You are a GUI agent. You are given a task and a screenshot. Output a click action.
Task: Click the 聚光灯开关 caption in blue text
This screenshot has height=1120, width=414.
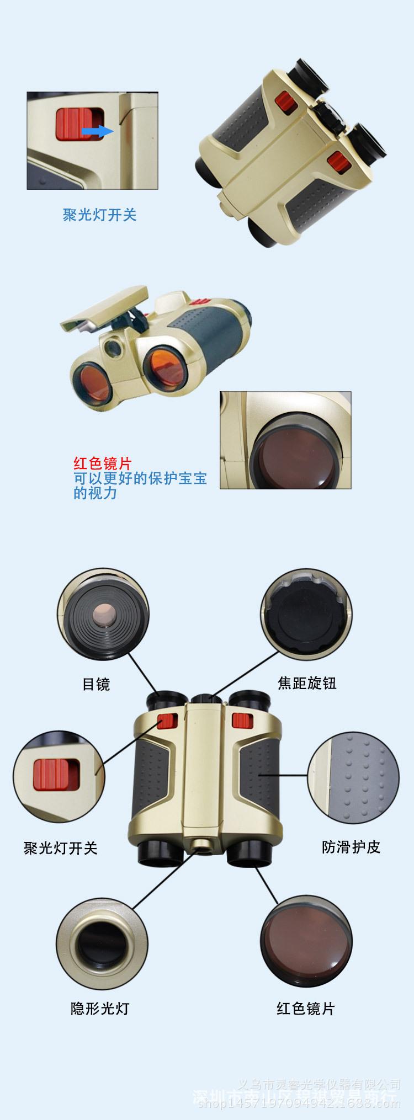click(99, 215)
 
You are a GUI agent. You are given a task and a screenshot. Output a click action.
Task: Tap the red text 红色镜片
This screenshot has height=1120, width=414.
click(103, 463)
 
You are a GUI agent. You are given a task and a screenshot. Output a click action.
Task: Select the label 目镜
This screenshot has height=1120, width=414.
click(96, 684)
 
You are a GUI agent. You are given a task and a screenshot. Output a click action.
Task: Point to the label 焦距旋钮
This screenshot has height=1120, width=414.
click(307, 683)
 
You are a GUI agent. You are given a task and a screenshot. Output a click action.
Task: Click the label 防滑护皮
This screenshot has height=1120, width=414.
click(351, 846)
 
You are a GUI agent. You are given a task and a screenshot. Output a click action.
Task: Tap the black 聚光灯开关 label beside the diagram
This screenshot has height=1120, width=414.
click(61, 847)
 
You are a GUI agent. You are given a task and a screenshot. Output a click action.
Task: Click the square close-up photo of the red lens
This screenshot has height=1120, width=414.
click(285, 440)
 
